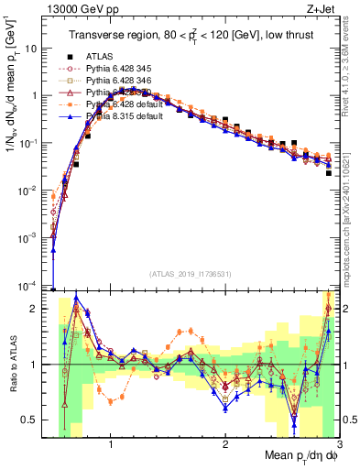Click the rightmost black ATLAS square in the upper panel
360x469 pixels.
click(x=328, y=172)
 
